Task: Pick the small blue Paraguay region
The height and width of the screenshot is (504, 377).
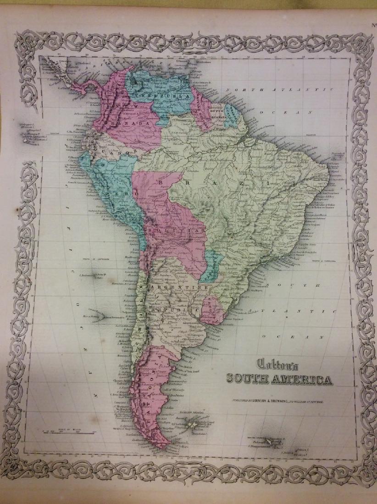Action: point(211,266)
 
